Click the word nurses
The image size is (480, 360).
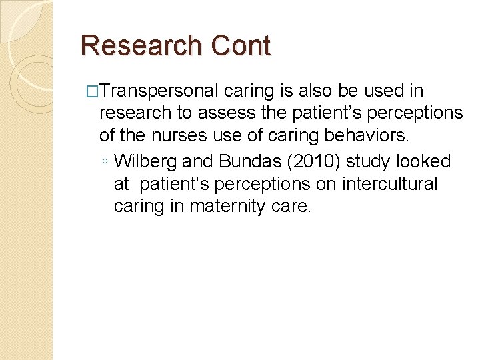click(x=179, y=136)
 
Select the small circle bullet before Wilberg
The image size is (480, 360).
click(x=106, y=162)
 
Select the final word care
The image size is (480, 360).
click(x=294, y=207)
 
